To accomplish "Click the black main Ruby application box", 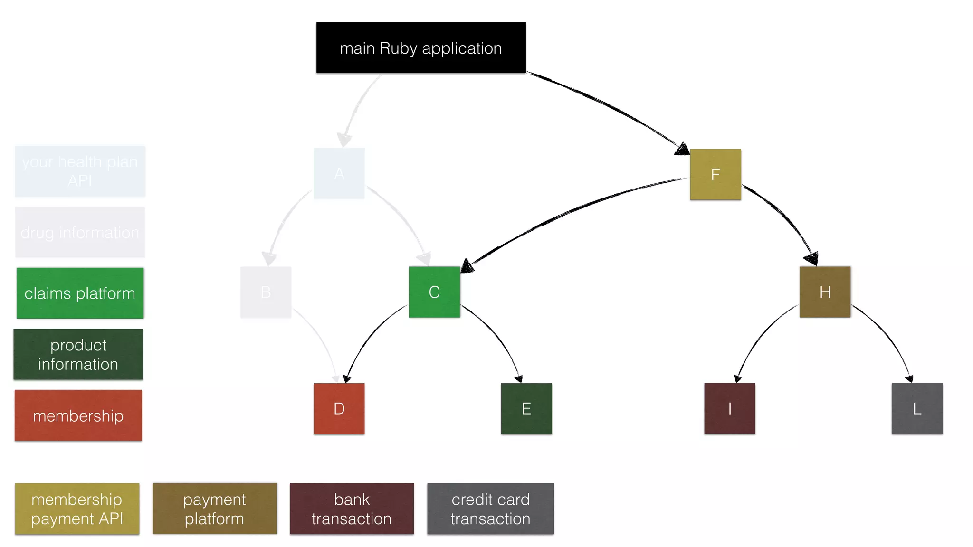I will (421, 47).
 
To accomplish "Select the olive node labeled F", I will (715, 174).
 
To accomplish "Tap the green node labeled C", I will (434, 292).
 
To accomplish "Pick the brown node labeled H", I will (825, 292).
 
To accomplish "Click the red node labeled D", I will (339, 408).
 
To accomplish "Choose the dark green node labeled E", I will (526, 408).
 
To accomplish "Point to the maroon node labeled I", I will (729, 408).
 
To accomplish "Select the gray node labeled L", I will (916, 408).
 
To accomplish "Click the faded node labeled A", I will (339, 173).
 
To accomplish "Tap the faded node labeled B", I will (266, 292).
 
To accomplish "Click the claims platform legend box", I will (80, 293).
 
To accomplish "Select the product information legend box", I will (78, 354).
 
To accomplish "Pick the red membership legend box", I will (78, 415).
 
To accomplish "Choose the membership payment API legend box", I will (77, 509).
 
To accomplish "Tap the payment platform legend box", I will (214, 509).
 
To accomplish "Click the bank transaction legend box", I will (352, 509).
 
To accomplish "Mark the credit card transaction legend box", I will (490, 509).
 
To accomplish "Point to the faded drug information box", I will (80, 232).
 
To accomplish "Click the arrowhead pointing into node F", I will (683, 149).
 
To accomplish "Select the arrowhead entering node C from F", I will (467, 266).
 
